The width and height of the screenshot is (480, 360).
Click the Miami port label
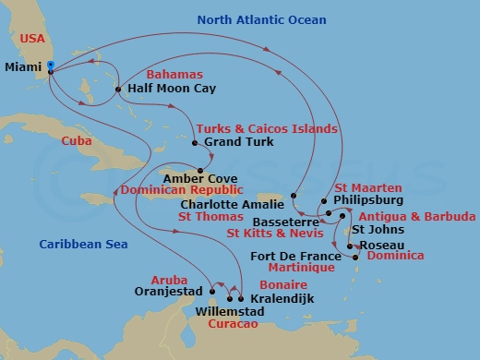(x=24, y=66)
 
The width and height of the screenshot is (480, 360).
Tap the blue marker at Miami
(x=50, y=66)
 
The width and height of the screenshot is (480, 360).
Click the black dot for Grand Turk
(x=194, y=143)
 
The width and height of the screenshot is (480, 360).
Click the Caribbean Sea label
(x=80, y=244)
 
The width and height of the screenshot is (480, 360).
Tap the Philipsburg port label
(x=369, y=198)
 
